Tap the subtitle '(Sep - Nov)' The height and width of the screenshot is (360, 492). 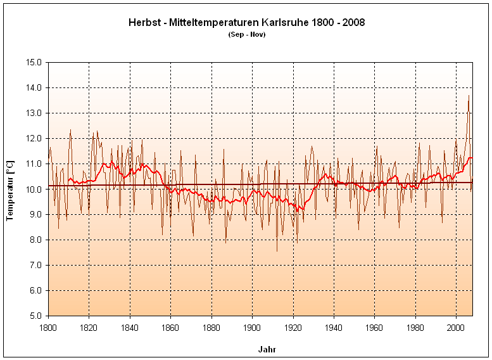point(246,34)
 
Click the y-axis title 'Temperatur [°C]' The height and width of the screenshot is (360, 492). point(10,190)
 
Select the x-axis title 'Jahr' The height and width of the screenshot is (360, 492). point(267,349)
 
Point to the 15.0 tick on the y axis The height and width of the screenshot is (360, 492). point(34,63)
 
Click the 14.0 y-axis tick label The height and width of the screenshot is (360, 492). point(34,88)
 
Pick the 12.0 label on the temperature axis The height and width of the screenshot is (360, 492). point(34,139)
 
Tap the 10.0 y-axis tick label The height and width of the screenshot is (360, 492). point(34,189)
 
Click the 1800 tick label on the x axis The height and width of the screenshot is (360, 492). point(48,328)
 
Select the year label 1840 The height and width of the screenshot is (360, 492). point(130,328)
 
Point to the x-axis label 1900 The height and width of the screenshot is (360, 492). point(252,328)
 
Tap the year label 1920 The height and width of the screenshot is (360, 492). point(293,328)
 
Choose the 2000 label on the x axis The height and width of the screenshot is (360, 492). point(456,328)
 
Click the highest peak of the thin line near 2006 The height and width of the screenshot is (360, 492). point(469,96)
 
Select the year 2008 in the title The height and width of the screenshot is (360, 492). point(353,22)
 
